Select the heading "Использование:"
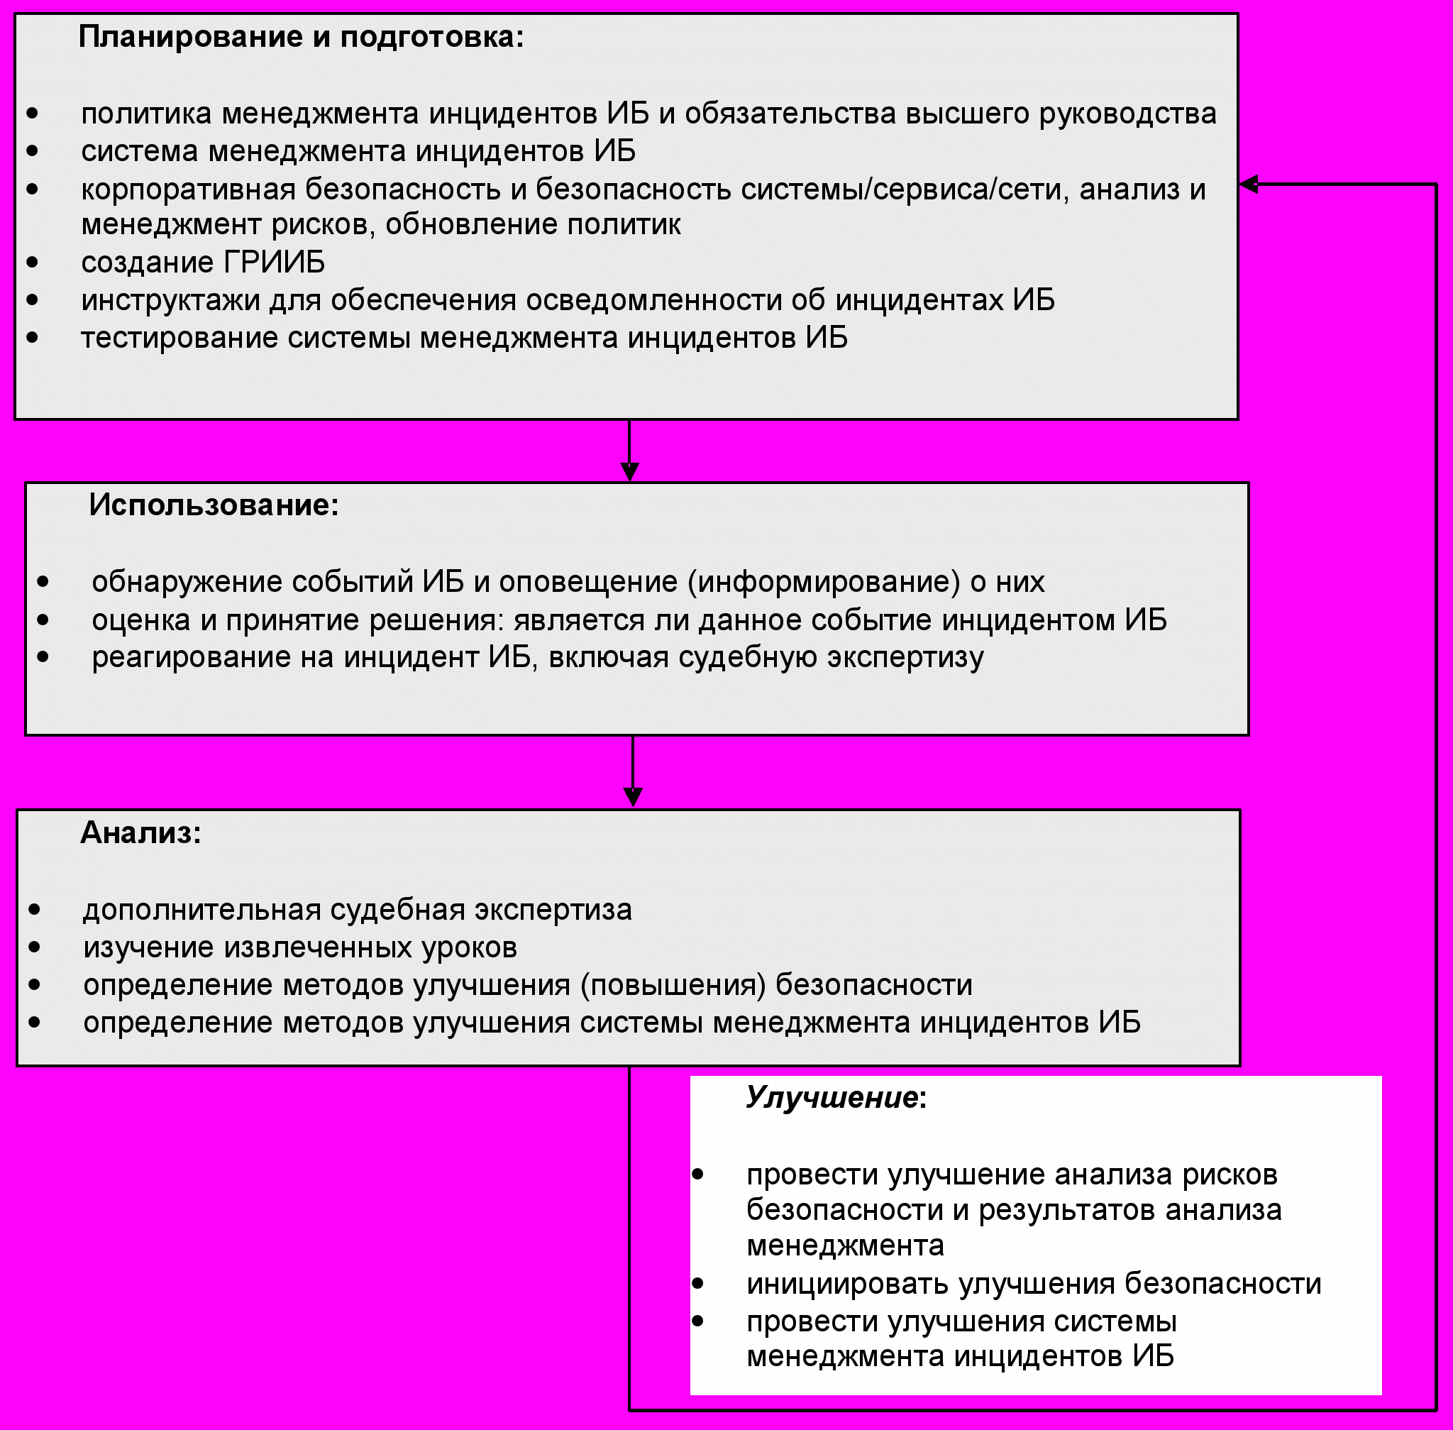coord(214,505)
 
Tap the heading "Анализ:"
coord(141,833)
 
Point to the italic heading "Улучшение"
coord(832,1098)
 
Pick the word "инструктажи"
coord(170,300)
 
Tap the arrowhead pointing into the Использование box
coord(629,472)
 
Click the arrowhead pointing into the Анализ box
coord(633,797)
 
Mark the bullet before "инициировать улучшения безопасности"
coord(697,1284)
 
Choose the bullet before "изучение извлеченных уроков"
coord(35,947)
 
